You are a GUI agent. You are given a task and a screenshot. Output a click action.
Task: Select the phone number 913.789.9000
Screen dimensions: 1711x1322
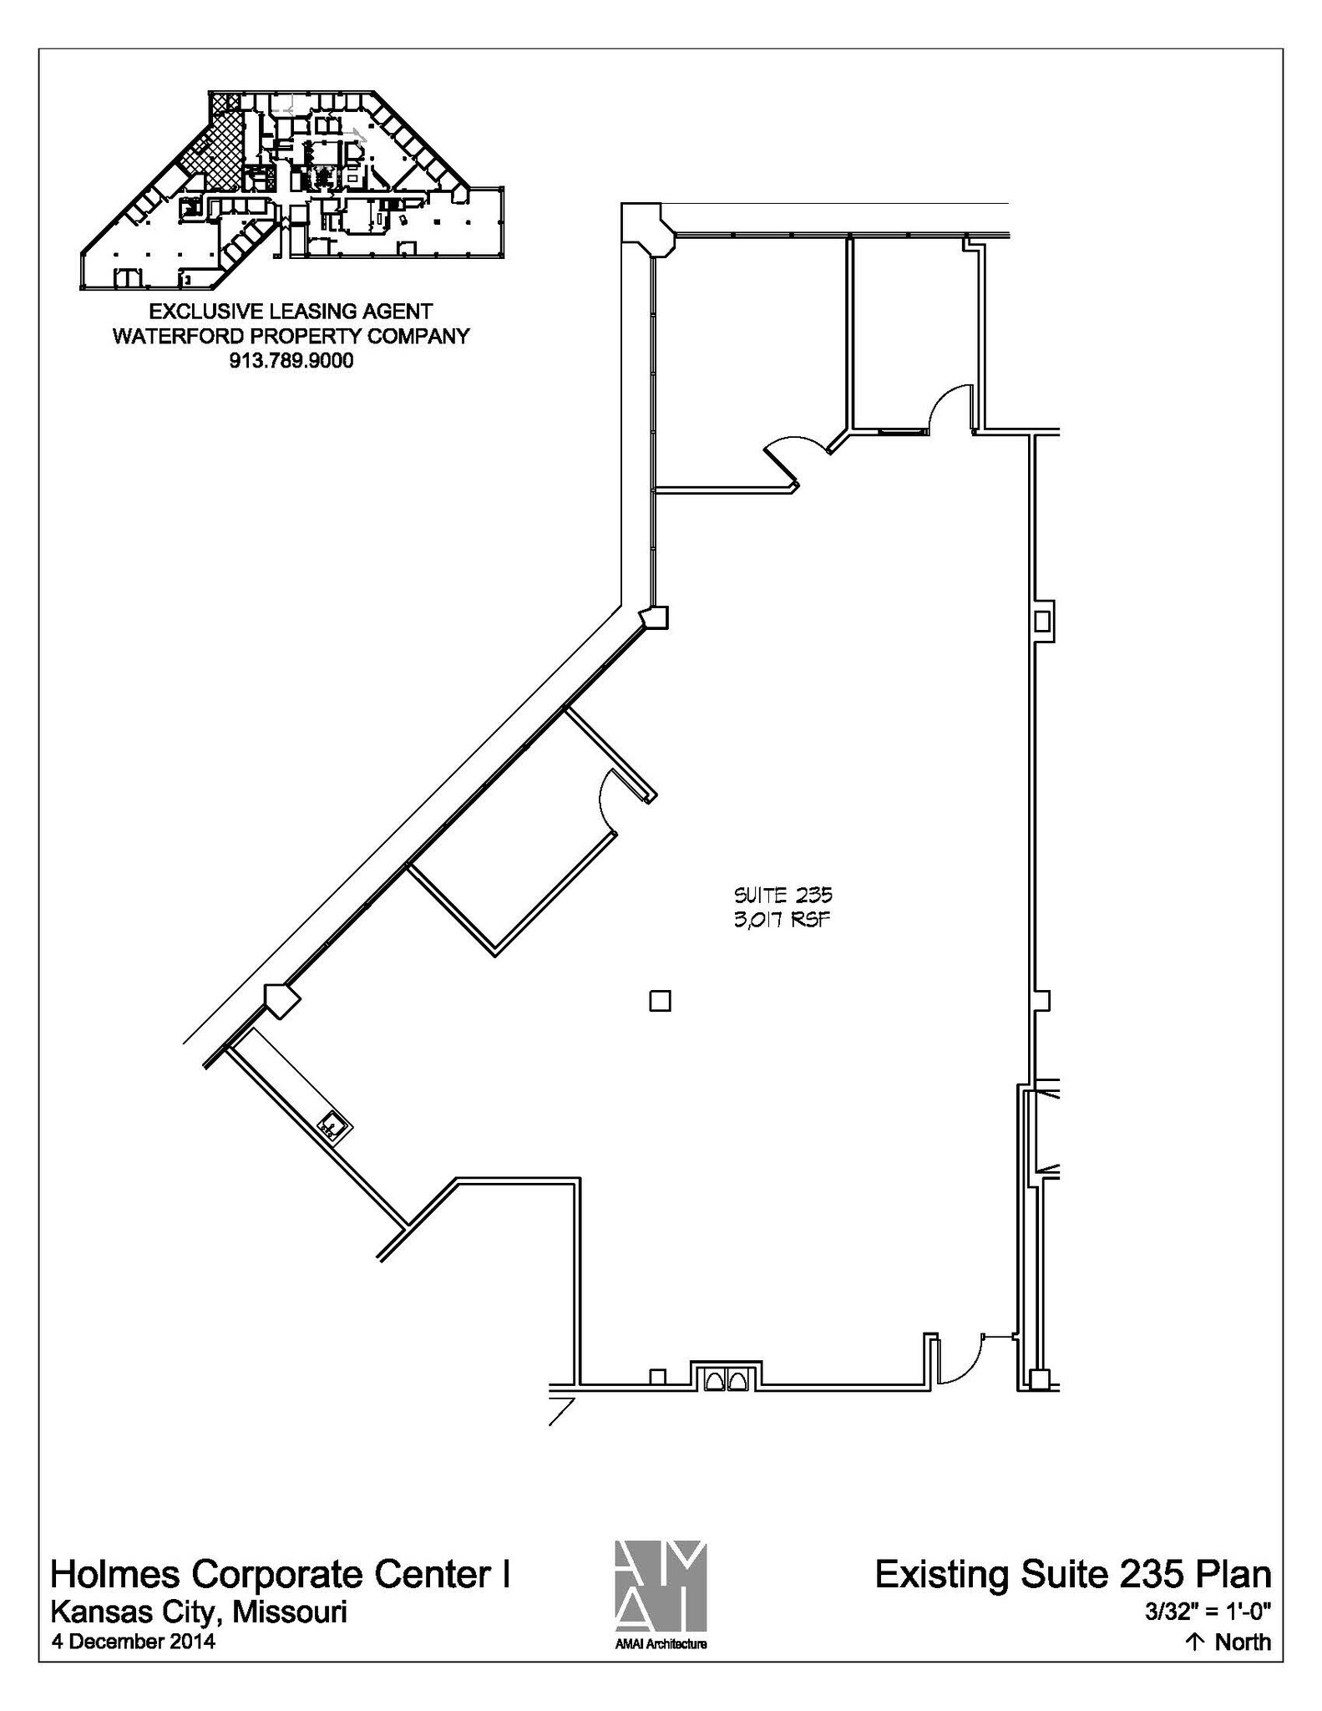click(x=291, y=361)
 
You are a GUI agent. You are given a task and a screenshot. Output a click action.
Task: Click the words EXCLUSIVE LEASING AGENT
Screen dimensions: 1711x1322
click(x=291, y=312)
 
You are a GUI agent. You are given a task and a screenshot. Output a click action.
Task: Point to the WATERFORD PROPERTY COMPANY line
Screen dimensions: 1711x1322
click(x=291, y=336)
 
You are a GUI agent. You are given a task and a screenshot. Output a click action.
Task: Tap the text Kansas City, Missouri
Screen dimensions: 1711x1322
click(x=199, y=1611)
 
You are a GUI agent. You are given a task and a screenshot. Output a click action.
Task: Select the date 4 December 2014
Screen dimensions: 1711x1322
click(x=134, y=1641)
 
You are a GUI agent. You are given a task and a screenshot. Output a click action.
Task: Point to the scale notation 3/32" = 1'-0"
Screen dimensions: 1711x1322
click(x=1208, y=1611)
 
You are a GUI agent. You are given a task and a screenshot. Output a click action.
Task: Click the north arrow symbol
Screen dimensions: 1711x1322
click(x=1195, y=1642)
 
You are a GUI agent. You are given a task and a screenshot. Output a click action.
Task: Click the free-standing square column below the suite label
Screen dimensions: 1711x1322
click(x=660, y=1000)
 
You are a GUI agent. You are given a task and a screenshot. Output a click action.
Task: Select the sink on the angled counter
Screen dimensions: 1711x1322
click(x=334, y=1126)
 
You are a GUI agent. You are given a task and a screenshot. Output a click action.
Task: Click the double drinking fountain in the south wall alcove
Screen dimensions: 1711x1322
click(x=725, y=1379)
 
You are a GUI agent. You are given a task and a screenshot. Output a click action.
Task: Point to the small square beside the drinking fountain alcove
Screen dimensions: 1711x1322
click(x=657, y=1376)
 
